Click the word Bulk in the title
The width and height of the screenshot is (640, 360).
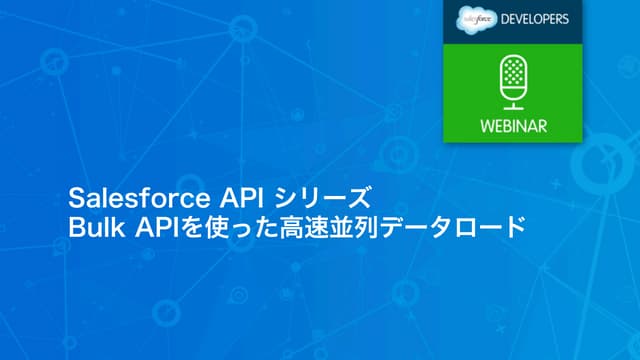pyautogui.click(x=95, y=226)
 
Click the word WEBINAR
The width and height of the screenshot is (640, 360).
pyautogui.click(x=512, y=127)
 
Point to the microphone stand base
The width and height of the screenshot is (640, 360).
pyautogui.click(x=512, y=107)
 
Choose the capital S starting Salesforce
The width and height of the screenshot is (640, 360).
pyautogui.click(x=74, y=193)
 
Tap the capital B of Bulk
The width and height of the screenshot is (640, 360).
pyautogui.click(x=75, y=226)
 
